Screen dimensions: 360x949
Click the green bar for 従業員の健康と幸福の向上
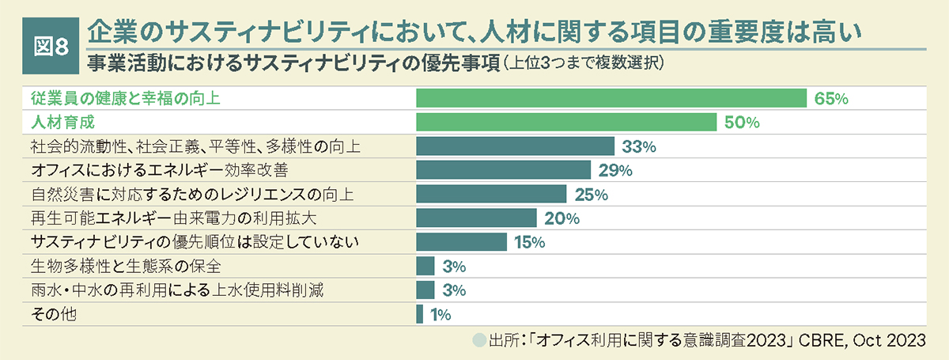tap(611, 98)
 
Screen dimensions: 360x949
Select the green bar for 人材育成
tap(565, 123)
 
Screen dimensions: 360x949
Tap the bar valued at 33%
tap(515, 146)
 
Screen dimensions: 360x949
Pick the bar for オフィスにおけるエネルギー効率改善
tap(503, 170)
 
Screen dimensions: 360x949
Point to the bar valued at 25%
tap(491, 194)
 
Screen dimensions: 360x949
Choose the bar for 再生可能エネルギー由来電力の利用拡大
tap(476, 218)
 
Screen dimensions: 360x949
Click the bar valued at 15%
tap(461, 241)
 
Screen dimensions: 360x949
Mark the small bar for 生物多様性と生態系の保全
tap(425, 266)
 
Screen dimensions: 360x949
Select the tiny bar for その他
tap(419, 314)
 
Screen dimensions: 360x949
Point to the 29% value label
tap(615, 170)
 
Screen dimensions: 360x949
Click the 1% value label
tap(440, 315)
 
